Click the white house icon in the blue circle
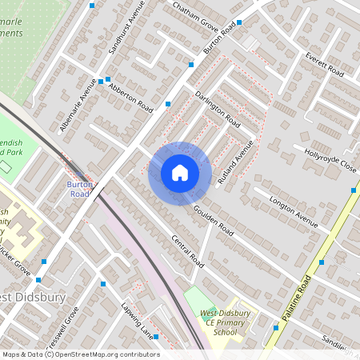pos(180,172)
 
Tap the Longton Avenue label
pos(294,207)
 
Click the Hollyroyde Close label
pos(330,158)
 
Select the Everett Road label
pos(324,63)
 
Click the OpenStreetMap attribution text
pos(80,354)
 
